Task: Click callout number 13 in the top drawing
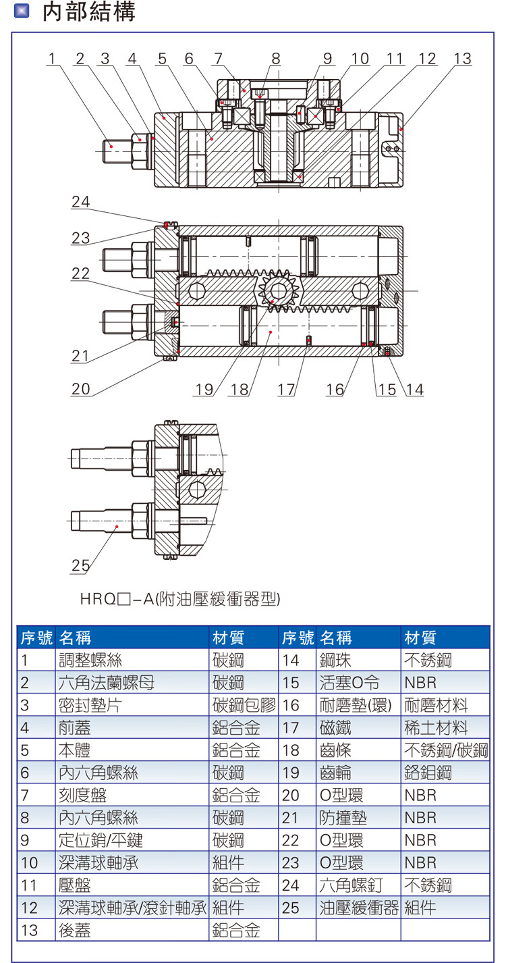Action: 462,59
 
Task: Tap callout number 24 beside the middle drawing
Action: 80,202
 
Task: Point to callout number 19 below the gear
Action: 204,390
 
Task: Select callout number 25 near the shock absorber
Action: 80,565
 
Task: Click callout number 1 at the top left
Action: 52,59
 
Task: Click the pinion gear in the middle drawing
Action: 274,292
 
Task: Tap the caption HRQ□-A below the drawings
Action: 180,599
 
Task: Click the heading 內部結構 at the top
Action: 89,12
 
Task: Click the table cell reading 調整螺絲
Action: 90,660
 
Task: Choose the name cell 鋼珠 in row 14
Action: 335,660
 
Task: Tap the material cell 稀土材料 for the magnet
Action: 436,728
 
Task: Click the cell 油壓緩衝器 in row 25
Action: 359,908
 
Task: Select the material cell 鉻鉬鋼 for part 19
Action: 428,773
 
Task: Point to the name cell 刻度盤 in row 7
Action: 82,796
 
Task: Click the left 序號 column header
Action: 36,637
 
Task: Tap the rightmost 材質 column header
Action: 420,637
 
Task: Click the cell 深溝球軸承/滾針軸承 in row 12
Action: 132,908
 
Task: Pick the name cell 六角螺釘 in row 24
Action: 351,885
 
